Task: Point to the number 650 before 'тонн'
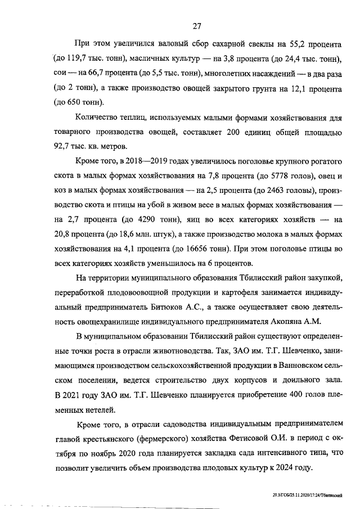click(x=76, y=103)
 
